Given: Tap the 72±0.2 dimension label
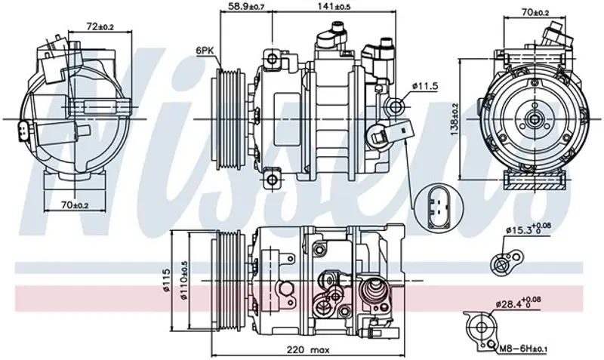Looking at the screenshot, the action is pos(100,27).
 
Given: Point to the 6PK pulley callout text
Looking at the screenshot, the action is pos(204,50).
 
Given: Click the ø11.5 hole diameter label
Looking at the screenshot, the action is pos(425,86).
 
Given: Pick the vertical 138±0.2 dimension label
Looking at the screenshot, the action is pos(455,119).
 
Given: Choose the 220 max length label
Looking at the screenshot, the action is pos(308,350).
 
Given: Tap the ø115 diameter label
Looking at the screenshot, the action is pos(166,280).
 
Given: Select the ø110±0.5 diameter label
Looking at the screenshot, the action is pos(183,281).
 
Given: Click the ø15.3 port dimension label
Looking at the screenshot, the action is pos(528,229).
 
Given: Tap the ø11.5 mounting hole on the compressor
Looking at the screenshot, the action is pos(396,105).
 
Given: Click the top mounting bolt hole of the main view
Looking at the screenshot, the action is pos(272,59).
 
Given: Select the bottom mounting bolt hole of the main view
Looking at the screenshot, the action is pos(272,179).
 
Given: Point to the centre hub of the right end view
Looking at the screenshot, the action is pos(535,119).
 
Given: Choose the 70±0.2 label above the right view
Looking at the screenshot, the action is pos(535,12).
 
